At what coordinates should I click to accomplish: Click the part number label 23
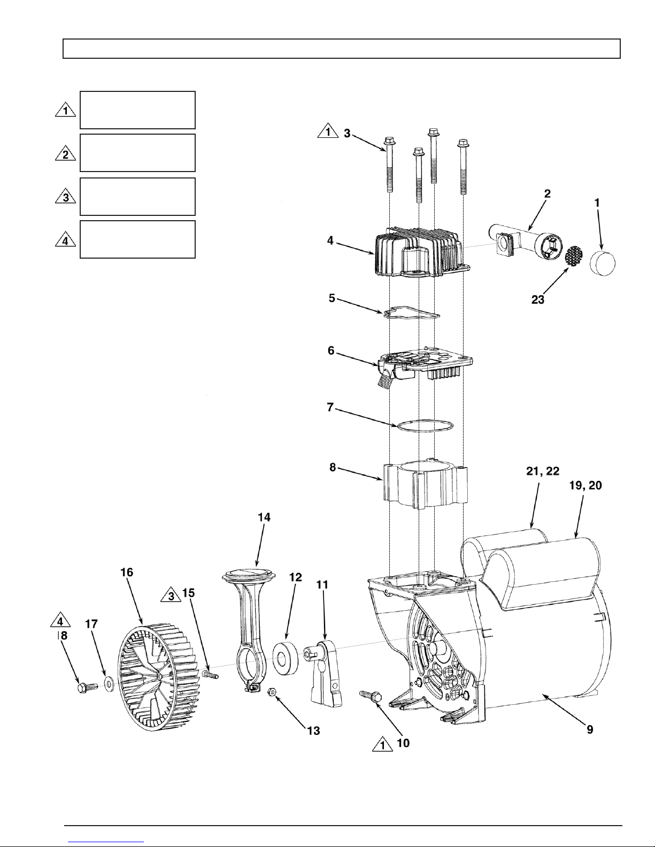[537, 300]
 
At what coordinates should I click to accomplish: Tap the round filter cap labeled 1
[603, 263]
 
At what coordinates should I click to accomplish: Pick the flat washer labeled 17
[109, 683]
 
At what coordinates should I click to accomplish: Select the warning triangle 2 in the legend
[65, 154]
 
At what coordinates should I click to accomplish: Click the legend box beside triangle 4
[137, 239]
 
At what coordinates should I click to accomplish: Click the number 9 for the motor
[590, 729]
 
